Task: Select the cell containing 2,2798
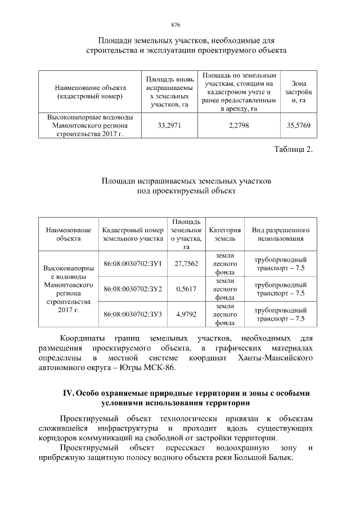239,126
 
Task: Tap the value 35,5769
298,126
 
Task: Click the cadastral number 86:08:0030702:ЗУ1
133,264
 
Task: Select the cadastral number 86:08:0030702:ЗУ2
133,289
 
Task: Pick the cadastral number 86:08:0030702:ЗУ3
133,314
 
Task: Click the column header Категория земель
225,235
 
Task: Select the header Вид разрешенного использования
281,235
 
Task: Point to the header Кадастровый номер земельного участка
133,235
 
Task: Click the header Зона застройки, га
298,92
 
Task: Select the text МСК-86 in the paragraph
161,368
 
